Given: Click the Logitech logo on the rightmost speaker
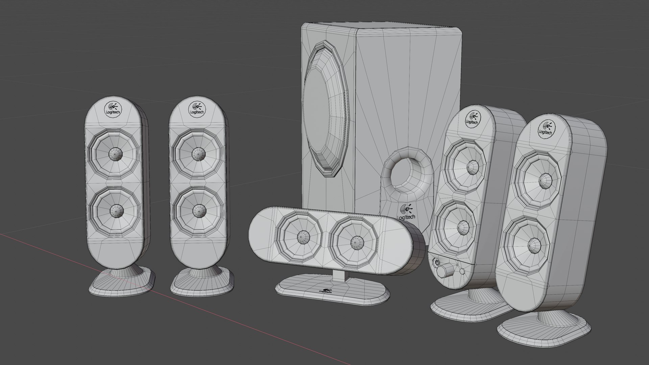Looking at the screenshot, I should [545, 128].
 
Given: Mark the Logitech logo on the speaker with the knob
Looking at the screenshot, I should [472, 119].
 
